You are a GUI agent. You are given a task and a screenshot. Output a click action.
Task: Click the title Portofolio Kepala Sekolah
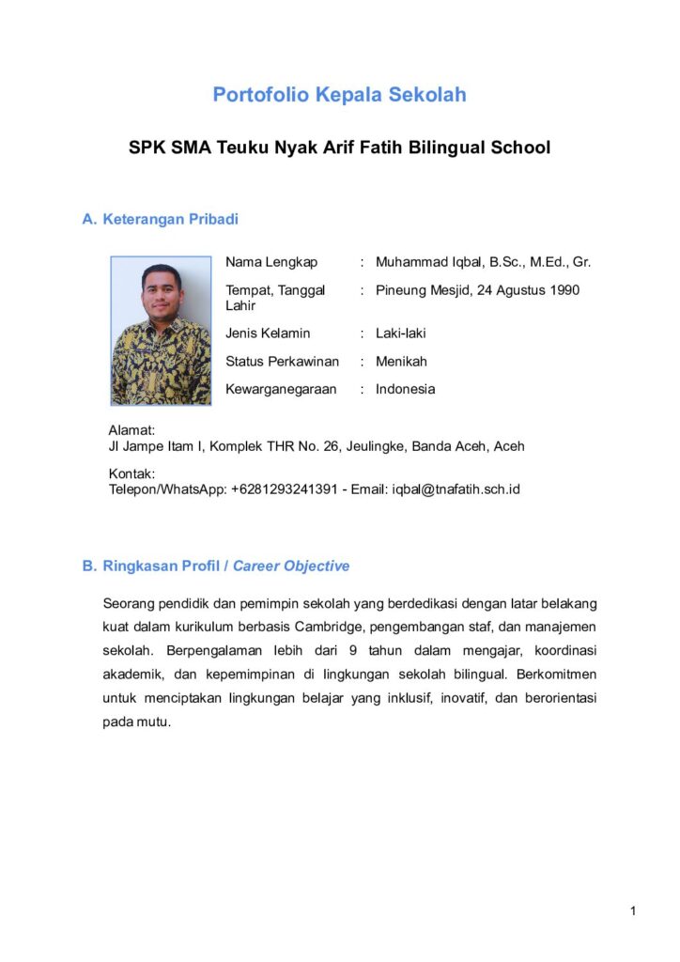point(339,95)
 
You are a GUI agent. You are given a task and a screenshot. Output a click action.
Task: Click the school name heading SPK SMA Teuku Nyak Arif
point(339,147)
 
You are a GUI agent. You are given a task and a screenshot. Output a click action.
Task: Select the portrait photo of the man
point(161,330)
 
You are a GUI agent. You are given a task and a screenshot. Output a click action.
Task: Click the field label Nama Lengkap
point(271,262)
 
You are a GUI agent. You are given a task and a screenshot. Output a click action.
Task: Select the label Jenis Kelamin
point(268,333)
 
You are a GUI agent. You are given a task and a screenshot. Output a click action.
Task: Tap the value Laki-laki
point(401,333)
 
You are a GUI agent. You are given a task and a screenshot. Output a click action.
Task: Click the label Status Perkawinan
point(282,361)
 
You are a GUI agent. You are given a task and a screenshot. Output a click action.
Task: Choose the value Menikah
point(401,361)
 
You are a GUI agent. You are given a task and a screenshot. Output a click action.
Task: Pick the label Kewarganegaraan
point(281,389)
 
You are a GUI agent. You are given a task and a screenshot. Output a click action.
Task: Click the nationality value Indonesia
point(406,389)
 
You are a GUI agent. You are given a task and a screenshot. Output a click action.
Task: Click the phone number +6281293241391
point(284,489)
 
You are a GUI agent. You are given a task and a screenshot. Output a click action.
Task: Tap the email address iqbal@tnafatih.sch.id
point(456,489)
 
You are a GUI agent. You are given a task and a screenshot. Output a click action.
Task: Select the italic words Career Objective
point(291,566)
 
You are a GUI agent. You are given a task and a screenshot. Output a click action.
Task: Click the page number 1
point(634,911)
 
